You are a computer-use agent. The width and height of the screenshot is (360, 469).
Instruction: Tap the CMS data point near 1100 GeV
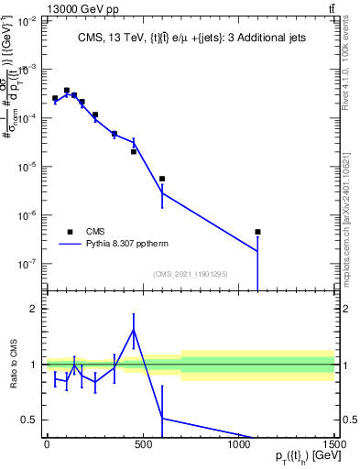(x=258, y=232)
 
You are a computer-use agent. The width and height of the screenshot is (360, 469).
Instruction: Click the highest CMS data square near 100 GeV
(x=67, y=91)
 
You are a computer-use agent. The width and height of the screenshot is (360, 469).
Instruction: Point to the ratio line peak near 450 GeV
(x=134, y=331)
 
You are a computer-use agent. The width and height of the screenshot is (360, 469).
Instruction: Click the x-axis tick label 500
(x=142, y=446)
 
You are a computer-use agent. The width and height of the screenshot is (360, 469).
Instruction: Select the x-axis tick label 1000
(x=238, y=446)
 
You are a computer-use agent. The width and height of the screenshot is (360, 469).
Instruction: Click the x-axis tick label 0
(x=46, y=446)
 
